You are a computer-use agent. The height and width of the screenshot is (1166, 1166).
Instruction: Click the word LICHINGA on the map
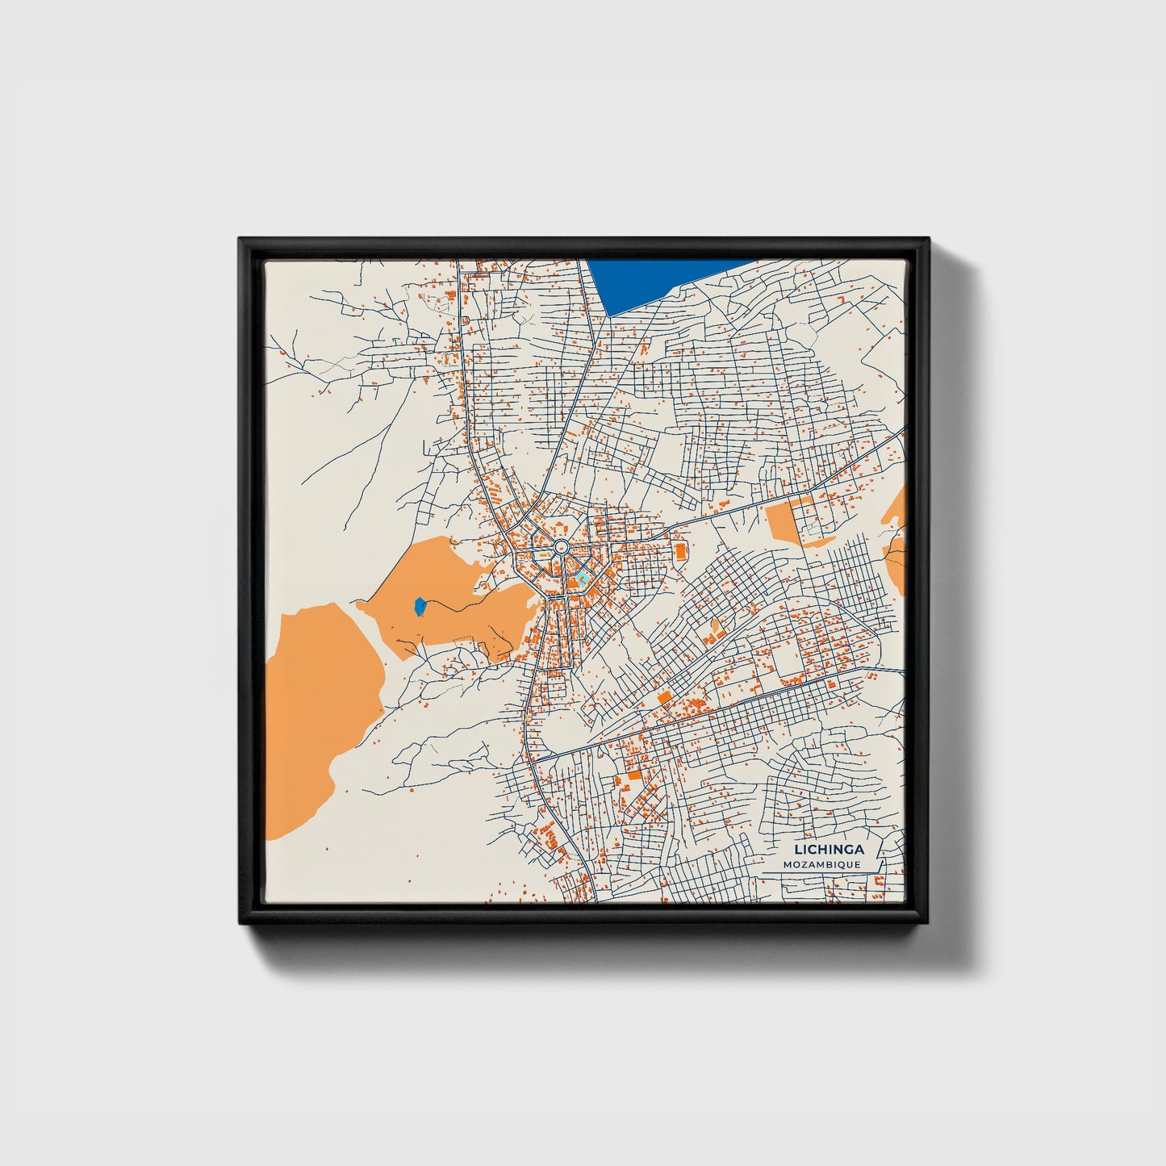coord(829,849)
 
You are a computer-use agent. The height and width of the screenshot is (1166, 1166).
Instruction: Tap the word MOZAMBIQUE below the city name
coord(822,864)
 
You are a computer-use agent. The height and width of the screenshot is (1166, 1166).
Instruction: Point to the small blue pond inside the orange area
coord(420,606)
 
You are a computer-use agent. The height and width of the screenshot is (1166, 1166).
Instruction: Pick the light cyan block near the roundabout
coord(583,579)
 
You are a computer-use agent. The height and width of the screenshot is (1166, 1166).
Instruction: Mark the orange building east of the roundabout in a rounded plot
coord(680,551)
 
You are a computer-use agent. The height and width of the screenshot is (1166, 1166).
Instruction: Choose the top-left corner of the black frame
coord(240,240)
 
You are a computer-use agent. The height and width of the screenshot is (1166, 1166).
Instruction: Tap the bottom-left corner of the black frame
coord(240,925)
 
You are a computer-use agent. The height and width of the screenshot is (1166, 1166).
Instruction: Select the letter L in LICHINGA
coord(798,849)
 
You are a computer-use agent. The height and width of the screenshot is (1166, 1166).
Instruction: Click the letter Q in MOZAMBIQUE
coord(845,864)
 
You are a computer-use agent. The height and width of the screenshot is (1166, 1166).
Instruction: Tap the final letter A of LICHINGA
coord(859,849)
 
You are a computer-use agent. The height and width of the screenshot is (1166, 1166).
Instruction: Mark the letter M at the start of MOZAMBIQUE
coord(787,864)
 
